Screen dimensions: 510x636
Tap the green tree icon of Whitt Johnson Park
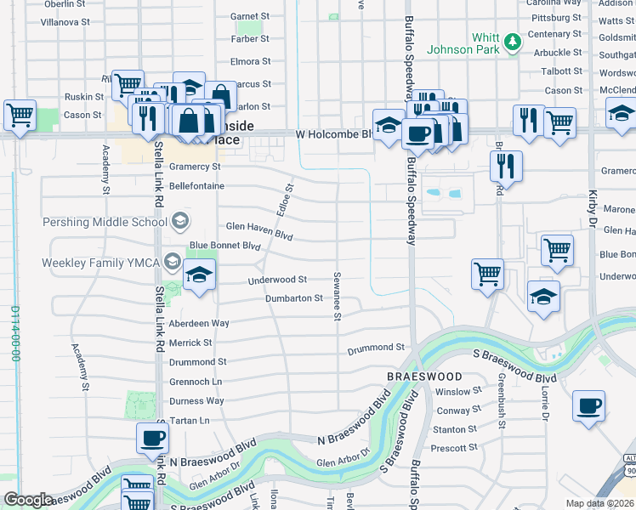(512, 41)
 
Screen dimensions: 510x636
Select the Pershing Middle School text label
(105, 223)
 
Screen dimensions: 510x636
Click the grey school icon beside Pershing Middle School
(179, 223)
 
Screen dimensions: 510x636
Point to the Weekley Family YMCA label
(101, 262)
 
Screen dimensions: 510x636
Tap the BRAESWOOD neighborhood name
(424, 377)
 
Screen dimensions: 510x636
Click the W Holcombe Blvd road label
(334, 133)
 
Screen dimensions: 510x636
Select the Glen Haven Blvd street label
(259, 227)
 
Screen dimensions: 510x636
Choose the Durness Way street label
(196, 401)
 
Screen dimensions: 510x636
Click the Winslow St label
(458, 392)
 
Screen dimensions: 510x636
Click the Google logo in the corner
(28, 499)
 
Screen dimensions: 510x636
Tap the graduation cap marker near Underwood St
(199, 275)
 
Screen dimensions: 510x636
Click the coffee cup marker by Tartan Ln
(153, 439)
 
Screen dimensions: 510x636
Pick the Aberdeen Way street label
(199, 324)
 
